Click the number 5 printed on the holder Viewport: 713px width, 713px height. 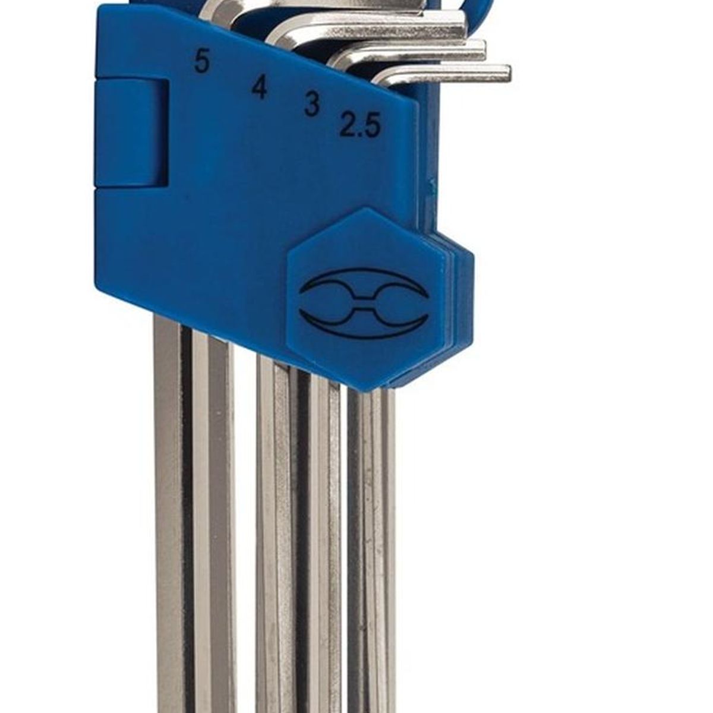(x=201, y=62)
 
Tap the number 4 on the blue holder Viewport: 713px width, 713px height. (x=260, y=89)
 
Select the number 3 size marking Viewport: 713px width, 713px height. (x=311, y=104)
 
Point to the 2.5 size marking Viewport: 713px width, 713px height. (x=359, y=125)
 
